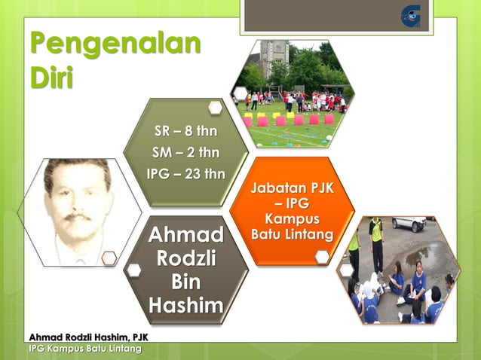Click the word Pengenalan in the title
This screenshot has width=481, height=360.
[115, 44]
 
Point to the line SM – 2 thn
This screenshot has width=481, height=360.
[185, 154]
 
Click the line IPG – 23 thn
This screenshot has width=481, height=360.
[185, 174]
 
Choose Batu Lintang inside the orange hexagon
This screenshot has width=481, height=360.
[293, 235]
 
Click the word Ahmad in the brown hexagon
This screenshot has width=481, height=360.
[185, 233]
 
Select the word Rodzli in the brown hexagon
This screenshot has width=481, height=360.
[185, 258]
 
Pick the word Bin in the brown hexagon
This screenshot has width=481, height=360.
[185, 282]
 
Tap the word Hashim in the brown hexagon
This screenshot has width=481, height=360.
[185, 306]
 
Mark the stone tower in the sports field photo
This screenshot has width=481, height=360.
[274, 56]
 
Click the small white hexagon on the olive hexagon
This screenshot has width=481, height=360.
[215, 108]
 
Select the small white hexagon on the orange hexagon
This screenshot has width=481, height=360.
[322, 257]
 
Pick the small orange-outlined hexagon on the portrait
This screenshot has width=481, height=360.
[109, 258]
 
